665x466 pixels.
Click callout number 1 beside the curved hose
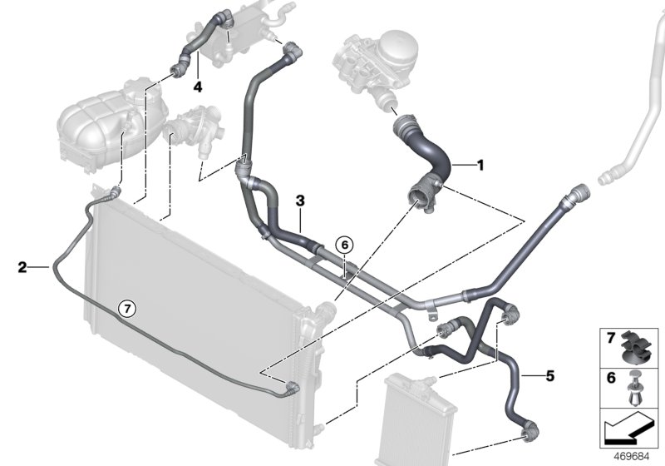(480, 165)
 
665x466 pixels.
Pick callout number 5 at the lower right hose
(549, 375)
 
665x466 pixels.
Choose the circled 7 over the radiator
(126, 308)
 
